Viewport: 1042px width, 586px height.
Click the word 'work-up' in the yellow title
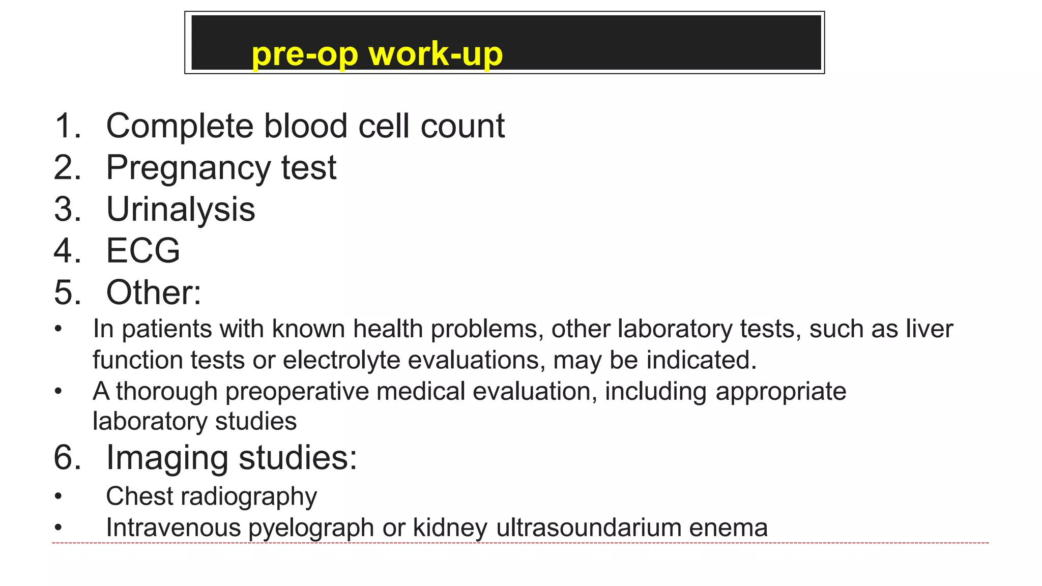436,53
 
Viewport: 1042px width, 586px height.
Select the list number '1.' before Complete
67,126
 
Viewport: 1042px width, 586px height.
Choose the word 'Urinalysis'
181,210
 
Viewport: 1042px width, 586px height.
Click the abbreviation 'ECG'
143,251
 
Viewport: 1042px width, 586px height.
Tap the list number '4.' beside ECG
67,251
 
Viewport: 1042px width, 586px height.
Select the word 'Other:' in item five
154,292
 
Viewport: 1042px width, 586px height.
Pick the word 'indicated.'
702,360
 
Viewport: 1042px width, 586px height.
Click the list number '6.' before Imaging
67,457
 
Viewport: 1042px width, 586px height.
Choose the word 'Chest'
139,496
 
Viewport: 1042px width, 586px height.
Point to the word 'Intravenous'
173,528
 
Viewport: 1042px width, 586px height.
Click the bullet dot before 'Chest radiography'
59,496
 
